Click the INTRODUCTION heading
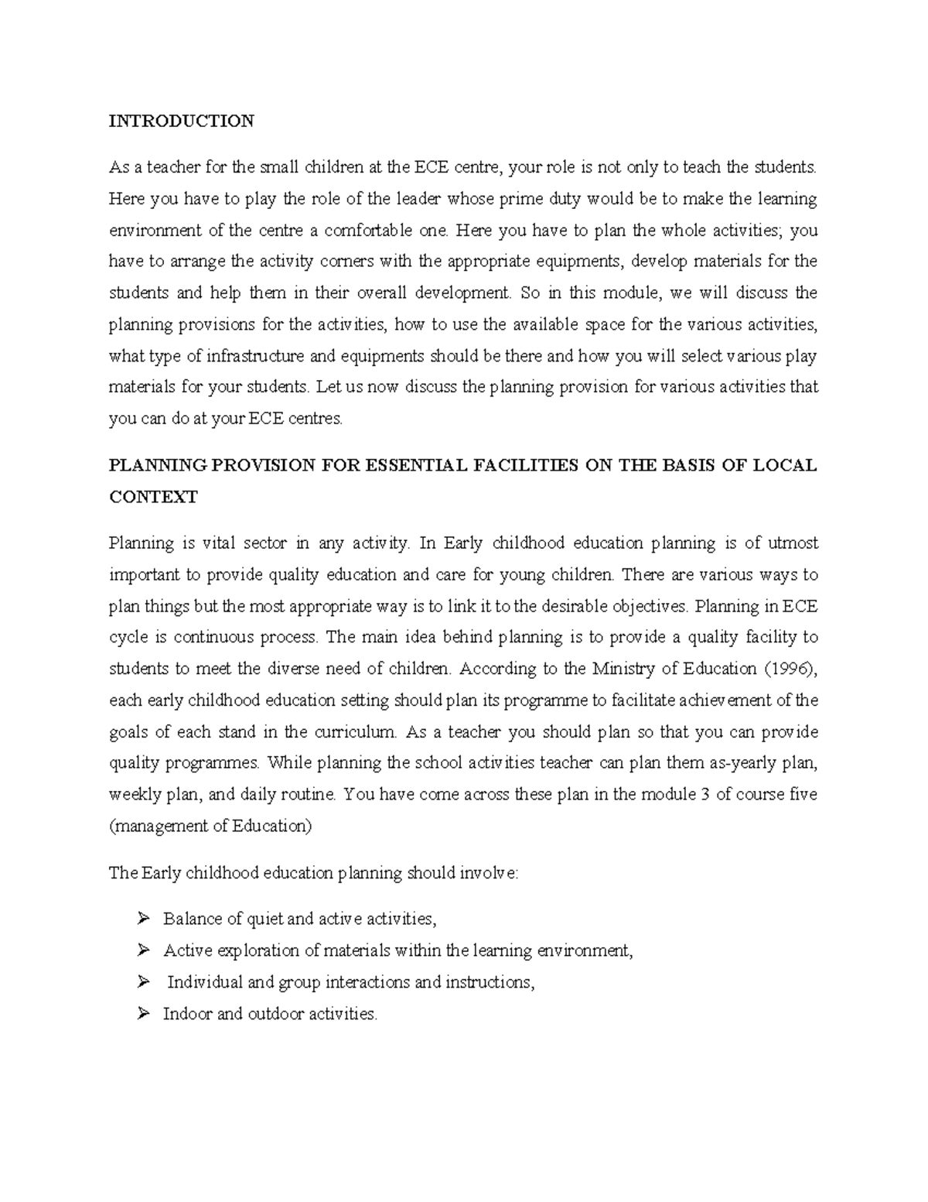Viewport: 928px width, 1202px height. pyautogui.click(x=182, y=121)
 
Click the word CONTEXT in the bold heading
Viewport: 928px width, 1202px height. pyautogui.click(x=153, y=497)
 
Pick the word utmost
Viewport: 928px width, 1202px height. pyautogui.click(x=793, y=543)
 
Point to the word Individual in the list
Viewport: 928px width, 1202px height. pyautogui.click(x=204, y=982)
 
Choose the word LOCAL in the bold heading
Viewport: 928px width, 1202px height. pyautogui.click(x=786, y=465)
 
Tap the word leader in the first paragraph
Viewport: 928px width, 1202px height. pyautogui.click(x=418, y=199)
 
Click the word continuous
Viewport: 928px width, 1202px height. pyautogui.click(x=213, y=638)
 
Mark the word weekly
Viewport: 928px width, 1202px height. pyautogui.click(x=135, y=794)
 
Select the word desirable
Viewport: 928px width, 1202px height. pyautogui.click(x=551, y=606)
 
